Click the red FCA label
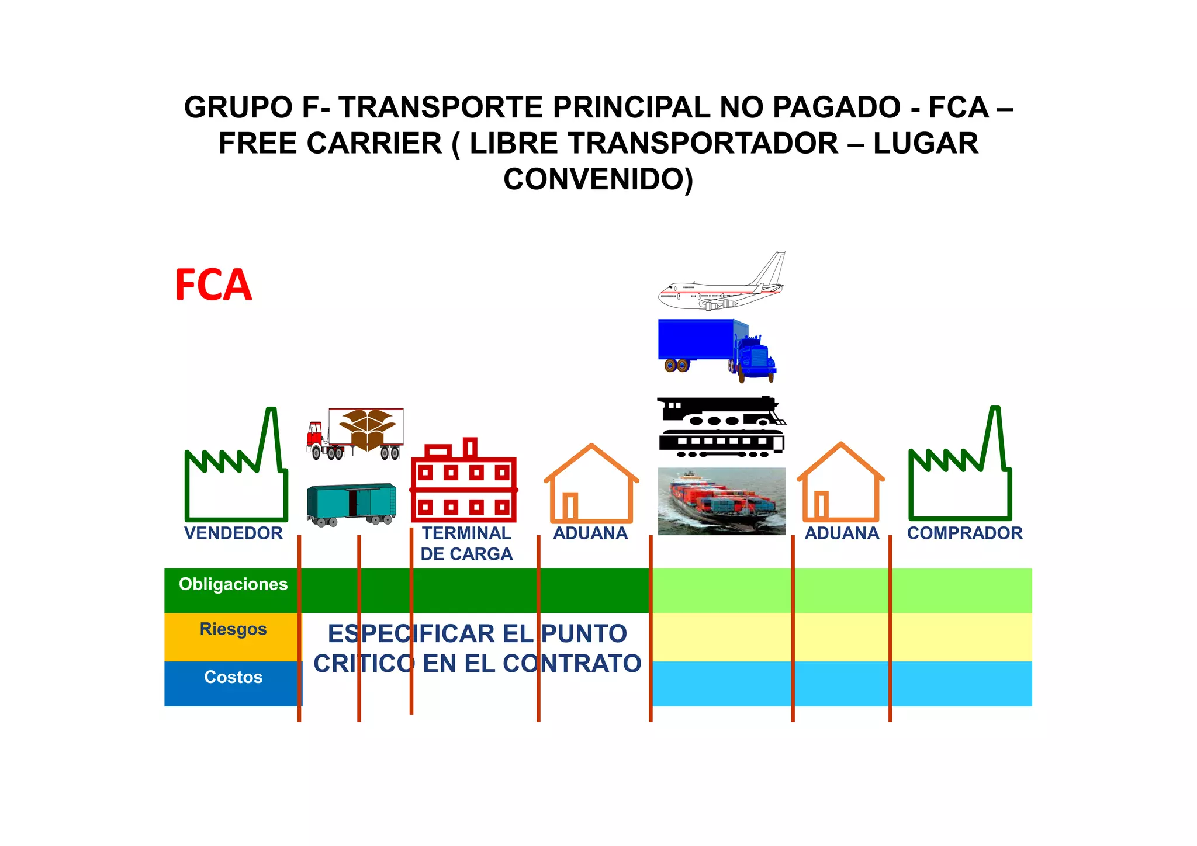[x=213, y=285]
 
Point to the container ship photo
[x=721, y=501]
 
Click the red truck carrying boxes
[x=355, y=434]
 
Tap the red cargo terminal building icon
[x=464, y=483]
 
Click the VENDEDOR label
[x=233, y=533]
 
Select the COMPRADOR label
[x=964, y=533]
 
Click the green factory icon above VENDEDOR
[x=236, y=467]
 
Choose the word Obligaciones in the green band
[x=233, y=584]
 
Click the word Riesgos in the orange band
[x=233, y=629]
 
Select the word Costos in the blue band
[x=233, y=677]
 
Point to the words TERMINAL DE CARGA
[x=466, y=543]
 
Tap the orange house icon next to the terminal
[x=591, y=485]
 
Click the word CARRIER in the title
[x=374, y=144]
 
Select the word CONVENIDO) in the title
[x=598, y=179]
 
